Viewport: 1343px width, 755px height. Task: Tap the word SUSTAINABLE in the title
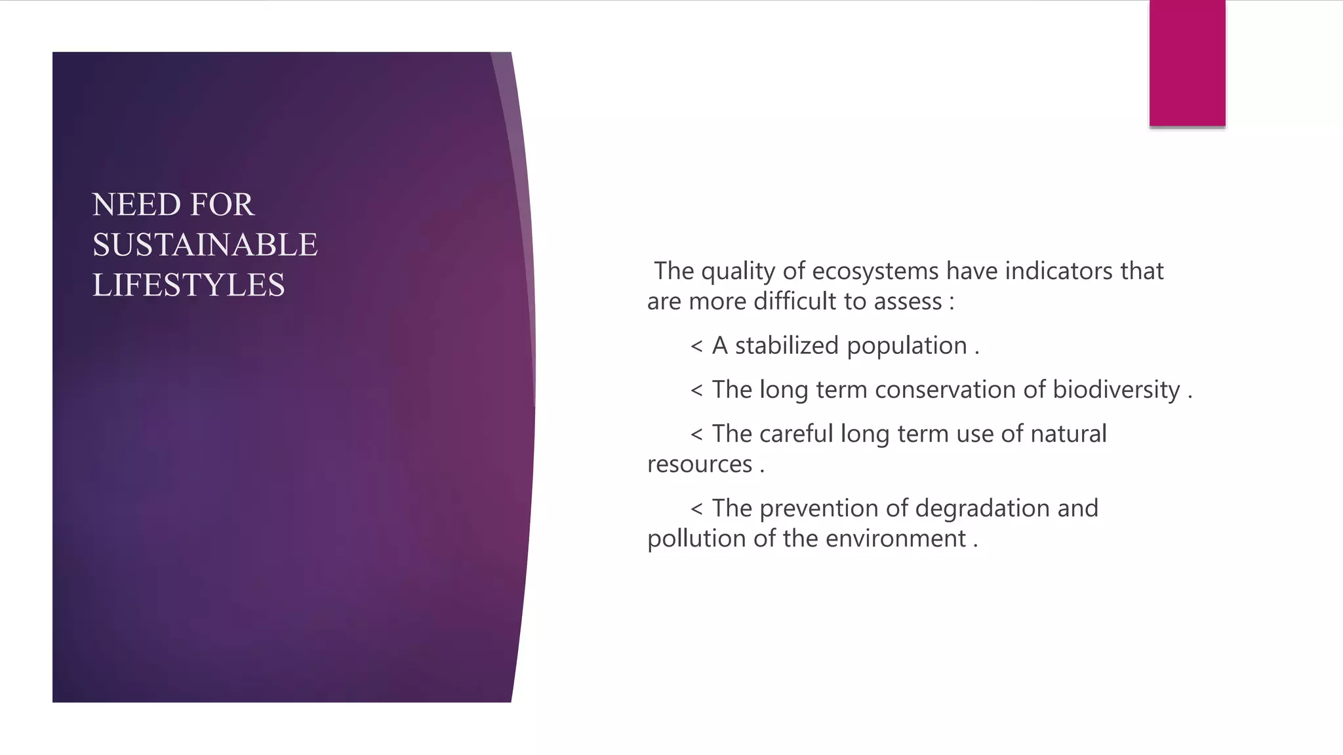[x=205, y=245]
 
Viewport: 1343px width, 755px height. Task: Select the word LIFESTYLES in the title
[x=188, y=285]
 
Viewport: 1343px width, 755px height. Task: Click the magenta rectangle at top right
[x=1187, y=63]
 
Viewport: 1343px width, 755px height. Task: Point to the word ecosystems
[x=875, y=271]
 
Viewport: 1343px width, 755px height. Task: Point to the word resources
[x=699, y=465]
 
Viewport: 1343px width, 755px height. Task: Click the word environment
[x=895, y=539]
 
